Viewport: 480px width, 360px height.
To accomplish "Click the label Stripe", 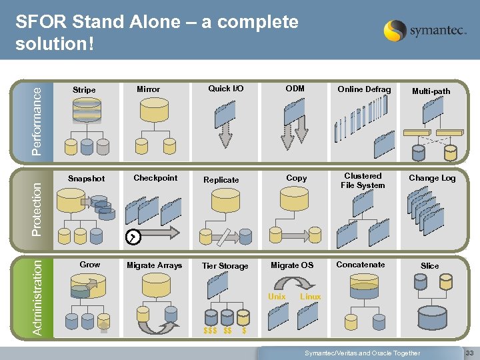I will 84,90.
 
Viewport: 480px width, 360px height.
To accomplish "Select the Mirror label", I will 148,89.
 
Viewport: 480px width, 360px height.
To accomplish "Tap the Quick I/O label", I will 226,89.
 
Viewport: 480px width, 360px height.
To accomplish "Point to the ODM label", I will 295,89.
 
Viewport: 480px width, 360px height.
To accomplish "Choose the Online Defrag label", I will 364,89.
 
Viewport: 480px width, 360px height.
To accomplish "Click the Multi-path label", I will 431,91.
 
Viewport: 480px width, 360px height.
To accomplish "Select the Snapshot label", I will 87,179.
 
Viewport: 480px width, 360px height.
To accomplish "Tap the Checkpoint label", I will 155,178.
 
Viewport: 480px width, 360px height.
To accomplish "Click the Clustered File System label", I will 363,181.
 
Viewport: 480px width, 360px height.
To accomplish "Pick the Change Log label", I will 432,178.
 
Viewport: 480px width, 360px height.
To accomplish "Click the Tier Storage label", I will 225,266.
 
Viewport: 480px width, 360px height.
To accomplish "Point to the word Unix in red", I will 277,297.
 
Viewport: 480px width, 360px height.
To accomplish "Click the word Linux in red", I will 310,297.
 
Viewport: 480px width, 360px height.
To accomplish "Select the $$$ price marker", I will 210,331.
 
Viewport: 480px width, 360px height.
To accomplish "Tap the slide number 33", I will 469,353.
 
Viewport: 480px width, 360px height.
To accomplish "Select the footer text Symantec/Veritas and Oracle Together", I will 363,353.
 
